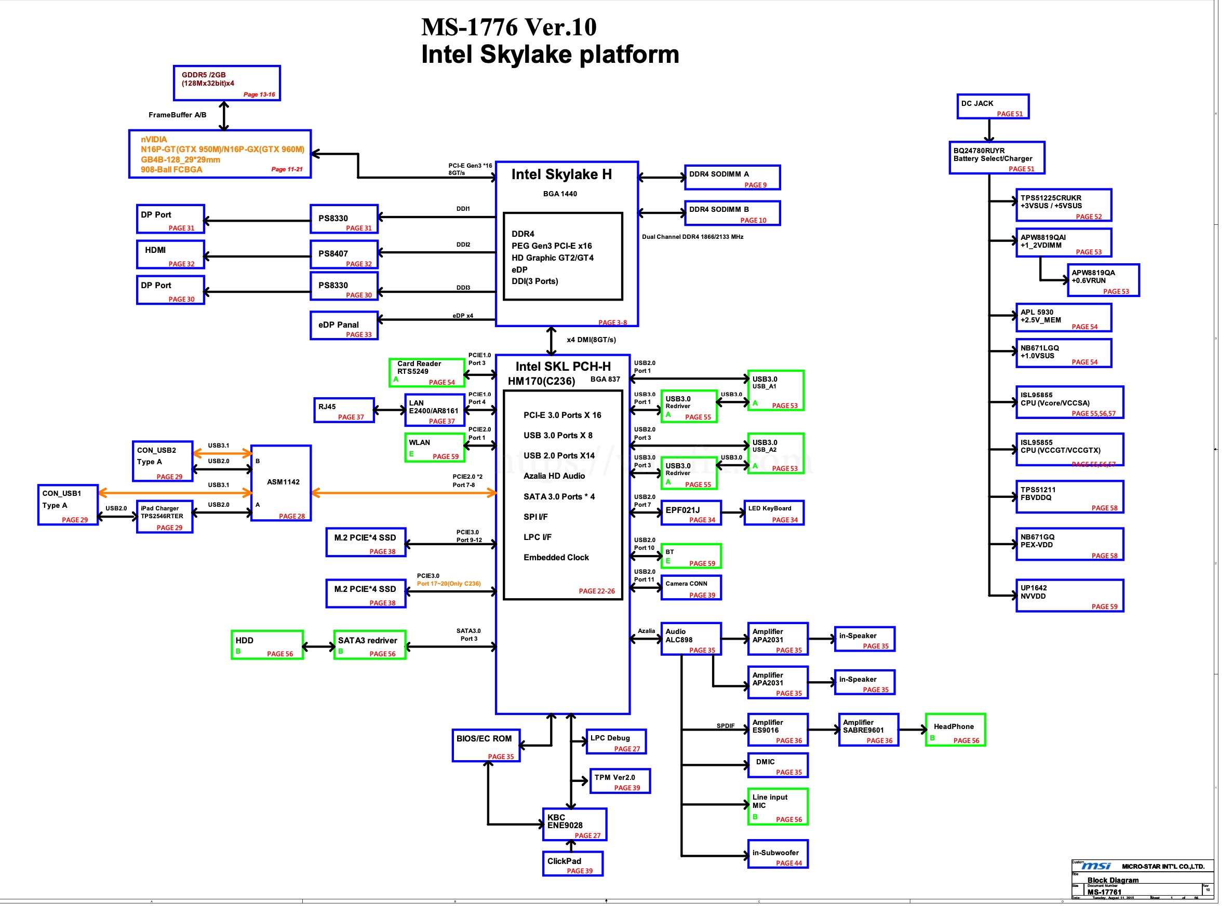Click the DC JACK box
[992, 106]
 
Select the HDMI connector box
[170, 254]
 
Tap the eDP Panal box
[343, 325]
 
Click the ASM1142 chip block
[280, 482]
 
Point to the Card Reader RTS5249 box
[426, 372]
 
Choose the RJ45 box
[343, 410]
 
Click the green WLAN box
[434, 448]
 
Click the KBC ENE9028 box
[574, 824]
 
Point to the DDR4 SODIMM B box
[731, 213]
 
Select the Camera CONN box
[690, 587]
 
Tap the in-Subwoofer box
[777, 854]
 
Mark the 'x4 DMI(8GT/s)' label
[591, 340]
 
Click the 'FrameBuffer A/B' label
[177, 115]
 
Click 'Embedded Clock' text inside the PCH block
[555, 557]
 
